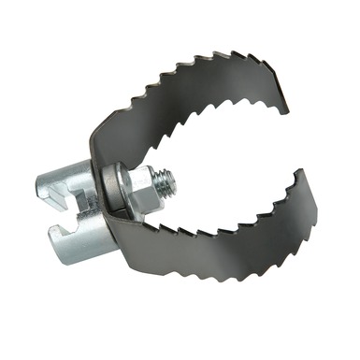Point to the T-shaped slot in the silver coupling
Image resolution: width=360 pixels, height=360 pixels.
coord(70,200)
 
